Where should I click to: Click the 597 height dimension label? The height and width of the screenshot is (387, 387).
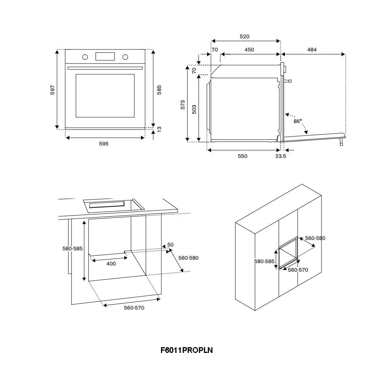[x=53, y=89]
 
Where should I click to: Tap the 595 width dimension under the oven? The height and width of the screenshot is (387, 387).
[x=104, y=144]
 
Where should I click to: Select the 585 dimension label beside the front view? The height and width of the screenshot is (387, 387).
[x=159, y=89]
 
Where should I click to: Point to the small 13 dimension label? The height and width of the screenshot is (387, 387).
[x=159, y=128]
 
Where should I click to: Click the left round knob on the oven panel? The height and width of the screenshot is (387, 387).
[x=85, y=57]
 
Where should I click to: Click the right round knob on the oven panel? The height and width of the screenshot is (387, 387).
[x=125, y=57]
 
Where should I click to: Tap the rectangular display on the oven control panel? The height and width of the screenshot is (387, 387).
[x=105, y=57]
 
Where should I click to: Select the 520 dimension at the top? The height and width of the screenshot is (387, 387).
[x=245, y=37]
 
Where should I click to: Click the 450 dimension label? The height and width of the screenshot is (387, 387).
[x=249, y=50]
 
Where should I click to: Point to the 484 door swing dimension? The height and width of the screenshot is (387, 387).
[x=312, y=50]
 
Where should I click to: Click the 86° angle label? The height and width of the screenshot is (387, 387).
[x=297, y=121]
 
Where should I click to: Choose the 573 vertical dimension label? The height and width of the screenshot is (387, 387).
[x=183, y=104]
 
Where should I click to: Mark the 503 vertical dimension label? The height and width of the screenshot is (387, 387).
[x=194, y=109]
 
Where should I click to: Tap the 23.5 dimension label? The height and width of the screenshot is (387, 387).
[x=281, y=156]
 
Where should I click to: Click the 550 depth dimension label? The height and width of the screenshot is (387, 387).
[x=242, y=156]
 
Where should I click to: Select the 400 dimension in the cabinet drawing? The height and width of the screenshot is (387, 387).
[x=111, y=264]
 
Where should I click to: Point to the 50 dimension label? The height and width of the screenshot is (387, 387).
[x=170, y=245]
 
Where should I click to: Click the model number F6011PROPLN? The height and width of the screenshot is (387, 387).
[x=187, y=350]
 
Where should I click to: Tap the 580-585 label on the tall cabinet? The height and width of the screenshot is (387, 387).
[x=264, y=262]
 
